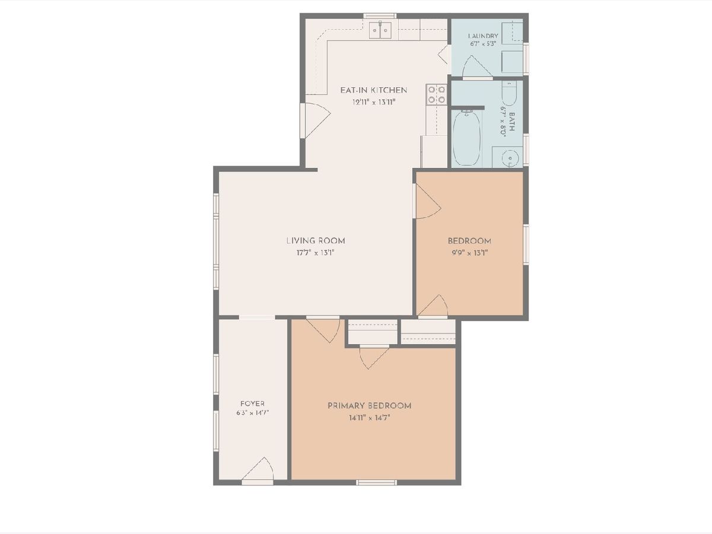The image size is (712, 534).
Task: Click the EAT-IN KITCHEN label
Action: (373, 90)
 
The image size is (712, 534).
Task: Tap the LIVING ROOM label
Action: (316, 240)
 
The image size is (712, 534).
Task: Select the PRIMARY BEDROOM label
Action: (370, 406)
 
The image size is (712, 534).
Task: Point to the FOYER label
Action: (252, 403)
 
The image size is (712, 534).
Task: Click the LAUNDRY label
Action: (483, 36)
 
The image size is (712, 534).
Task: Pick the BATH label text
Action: (511, 122)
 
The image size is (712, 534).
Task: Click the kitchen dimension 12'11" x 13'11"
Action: (374, 103)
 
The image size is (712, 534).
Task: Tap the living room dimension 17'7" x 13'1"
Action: (316, 253)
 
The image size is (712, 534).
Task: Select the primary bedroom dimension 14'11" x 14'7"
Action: (370, 418)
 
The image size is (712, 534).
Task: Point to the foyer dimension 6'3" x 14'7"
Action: (253, 413)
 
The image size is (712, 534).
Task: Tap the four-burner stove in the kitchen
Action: (436, 94)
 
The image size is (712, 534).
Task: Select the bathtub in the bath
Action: (466, 137)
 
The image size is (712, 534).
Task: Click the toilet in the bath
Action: (509, 93)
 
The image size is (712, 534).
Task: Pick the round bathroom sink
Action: (510, 158)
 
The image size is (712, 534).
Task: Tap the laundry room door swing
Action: (477, 67)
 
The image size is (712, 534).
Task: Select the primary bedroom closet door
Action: (374, 357)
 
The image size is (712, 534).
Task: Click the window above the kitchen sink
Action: (380, 16)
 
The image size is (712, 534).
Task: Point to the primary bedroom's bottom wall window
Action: (376, 483)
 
